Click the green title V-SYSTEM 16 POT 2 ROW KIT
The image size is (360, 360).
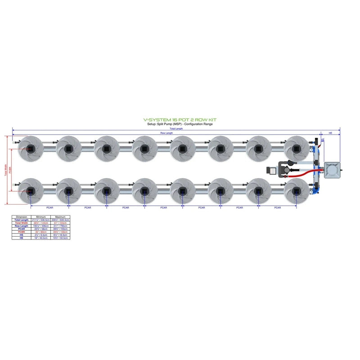click(180, 120)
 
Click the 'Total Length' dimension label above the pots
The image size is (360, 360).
click(176, 129)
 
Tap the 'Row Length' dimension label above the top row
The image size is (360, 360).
click(166, 133)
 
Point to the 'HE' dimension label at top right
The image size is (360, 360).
click(331, 133)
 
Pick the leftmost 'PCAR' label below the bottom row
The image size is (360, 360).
click(49, 207)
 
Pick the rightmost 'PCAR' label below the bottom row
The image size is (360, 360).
click(277, 207)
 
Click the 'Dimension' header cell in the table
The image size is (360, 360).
click(22, 216)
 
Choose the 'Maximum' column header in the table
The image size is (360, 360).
click(60, 216)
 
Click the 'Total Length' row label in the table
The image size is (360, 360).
click(22, 220)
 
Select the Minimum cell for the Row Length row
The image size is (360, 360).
click(41, 225)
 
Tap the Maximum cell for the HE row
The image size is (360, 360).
click(60, 238)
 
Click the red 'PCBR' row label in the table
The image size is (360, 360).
click(22, 232)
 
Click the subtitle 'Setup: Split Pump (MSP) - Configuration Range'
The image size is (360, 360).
click(180, 124)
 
